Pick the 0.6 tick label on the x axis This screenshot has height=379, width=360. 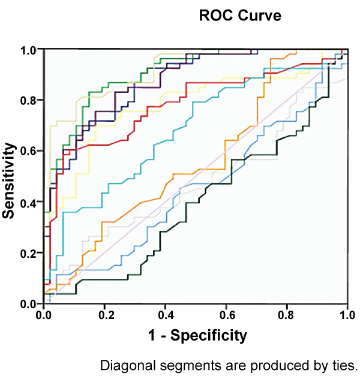coord(226,314)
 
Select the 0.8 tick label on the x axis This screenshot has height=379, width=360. coord(287,314)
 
